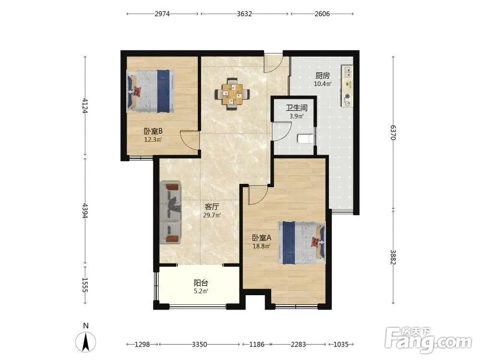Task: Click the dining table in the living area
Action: tap(232, 94)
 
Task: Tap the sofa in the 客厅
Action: tap(170, 213)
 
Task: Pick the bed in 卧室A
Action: tap(301, 243)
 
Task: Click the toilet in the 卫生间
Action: tap(305, 139)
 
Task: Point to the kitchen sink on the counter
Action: tap(348, 72)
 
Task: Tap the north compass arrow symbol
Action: tap(86, 341)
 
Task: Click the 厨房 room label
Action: tap(323, 75)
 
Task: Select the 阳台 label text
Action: tap(201, 283)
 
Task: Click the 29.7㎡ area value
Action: tap(212, 215)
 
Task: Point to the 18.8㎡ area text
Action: tap(261, 246)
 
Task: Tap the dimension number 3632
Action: tap(244, 14)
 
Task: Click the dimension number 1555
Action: tap(85, 285)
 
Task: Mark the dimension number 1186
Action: tap(256, 344)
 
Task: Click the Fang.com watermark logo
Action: tap(429, 340)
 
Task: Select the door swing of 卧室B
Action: tap(189, 140)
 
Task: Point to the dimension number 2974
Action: tap(162, 14)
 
